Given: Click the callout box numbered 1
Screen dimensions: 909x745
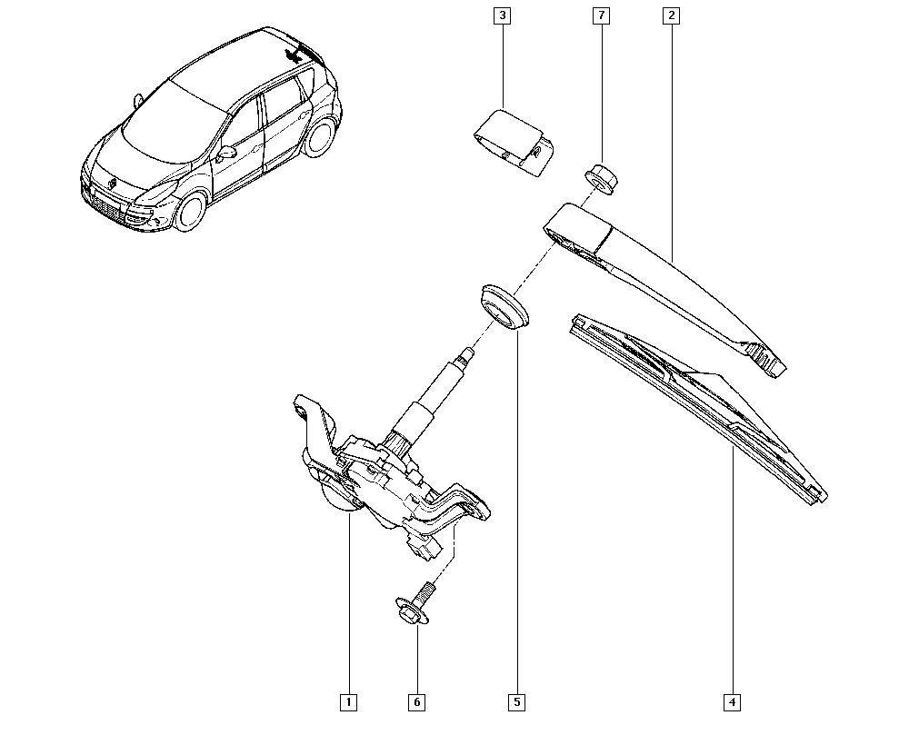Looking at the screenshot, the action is (348, 702).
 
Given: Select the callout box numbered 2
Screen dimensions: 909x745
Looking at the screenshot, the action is (672, 15).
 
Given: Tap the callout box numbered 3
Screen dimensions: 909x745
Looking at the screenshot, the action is (502, 15).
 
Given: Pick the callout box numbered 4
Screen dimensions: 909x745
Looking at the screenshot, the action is (732, 702).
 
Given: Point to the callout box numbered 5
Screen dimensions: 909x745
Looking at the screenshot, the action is (516, 702).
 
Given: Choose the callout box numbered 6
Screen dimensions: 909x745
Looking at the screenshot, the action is (417, 702).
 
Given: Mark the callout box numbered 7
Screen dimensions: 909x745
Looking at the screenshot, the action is (601, 15).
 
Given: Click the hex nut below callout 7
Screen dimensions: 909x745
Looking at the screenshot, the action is (601, 179).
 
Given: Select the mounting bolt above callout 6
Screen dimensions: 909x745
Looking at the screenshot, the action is (417, 605).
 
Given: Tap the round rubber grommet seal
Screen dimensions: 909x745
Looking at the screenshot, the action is (503, 307).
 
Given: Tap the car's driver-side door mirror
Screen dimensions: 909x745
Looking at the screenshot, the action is (226, 154).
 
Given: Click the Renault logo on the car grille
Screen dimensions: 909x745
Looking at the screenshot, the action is (112, 184).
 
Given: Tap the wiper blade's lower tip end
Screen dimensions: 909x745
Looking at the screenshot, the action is (819, 497).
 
